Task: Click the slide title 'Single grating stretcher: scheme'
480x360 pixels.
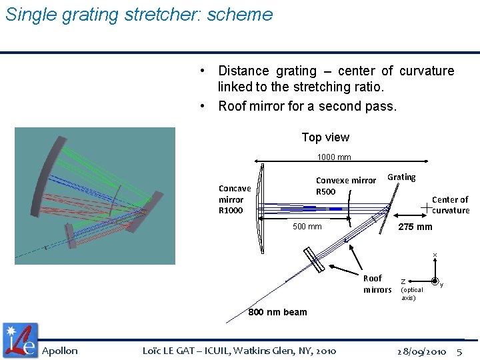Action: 139,15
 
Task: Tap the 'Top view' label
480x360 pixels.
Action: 325,137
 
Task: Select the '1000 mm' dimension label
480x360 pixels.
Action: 334,157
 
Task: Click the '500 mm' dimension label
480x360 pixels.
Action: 307,227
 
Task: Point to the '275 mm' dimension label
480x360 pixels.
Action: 415,227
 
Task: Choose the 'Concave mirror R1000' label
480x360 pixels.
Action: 235,199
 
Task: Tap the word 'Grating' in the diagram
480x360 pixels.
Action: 401,177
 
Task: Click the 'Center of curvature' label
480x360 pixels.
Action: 451,205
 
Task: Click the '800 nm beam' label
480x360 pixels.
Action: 277,312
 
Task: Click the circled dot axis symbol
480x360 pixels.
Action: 435,281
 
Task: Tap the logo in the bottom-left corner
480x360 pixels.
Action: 20,340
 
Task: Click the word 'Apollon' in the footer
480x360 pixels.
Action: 60,351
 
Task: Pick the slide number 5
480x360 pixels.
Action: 459,351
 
